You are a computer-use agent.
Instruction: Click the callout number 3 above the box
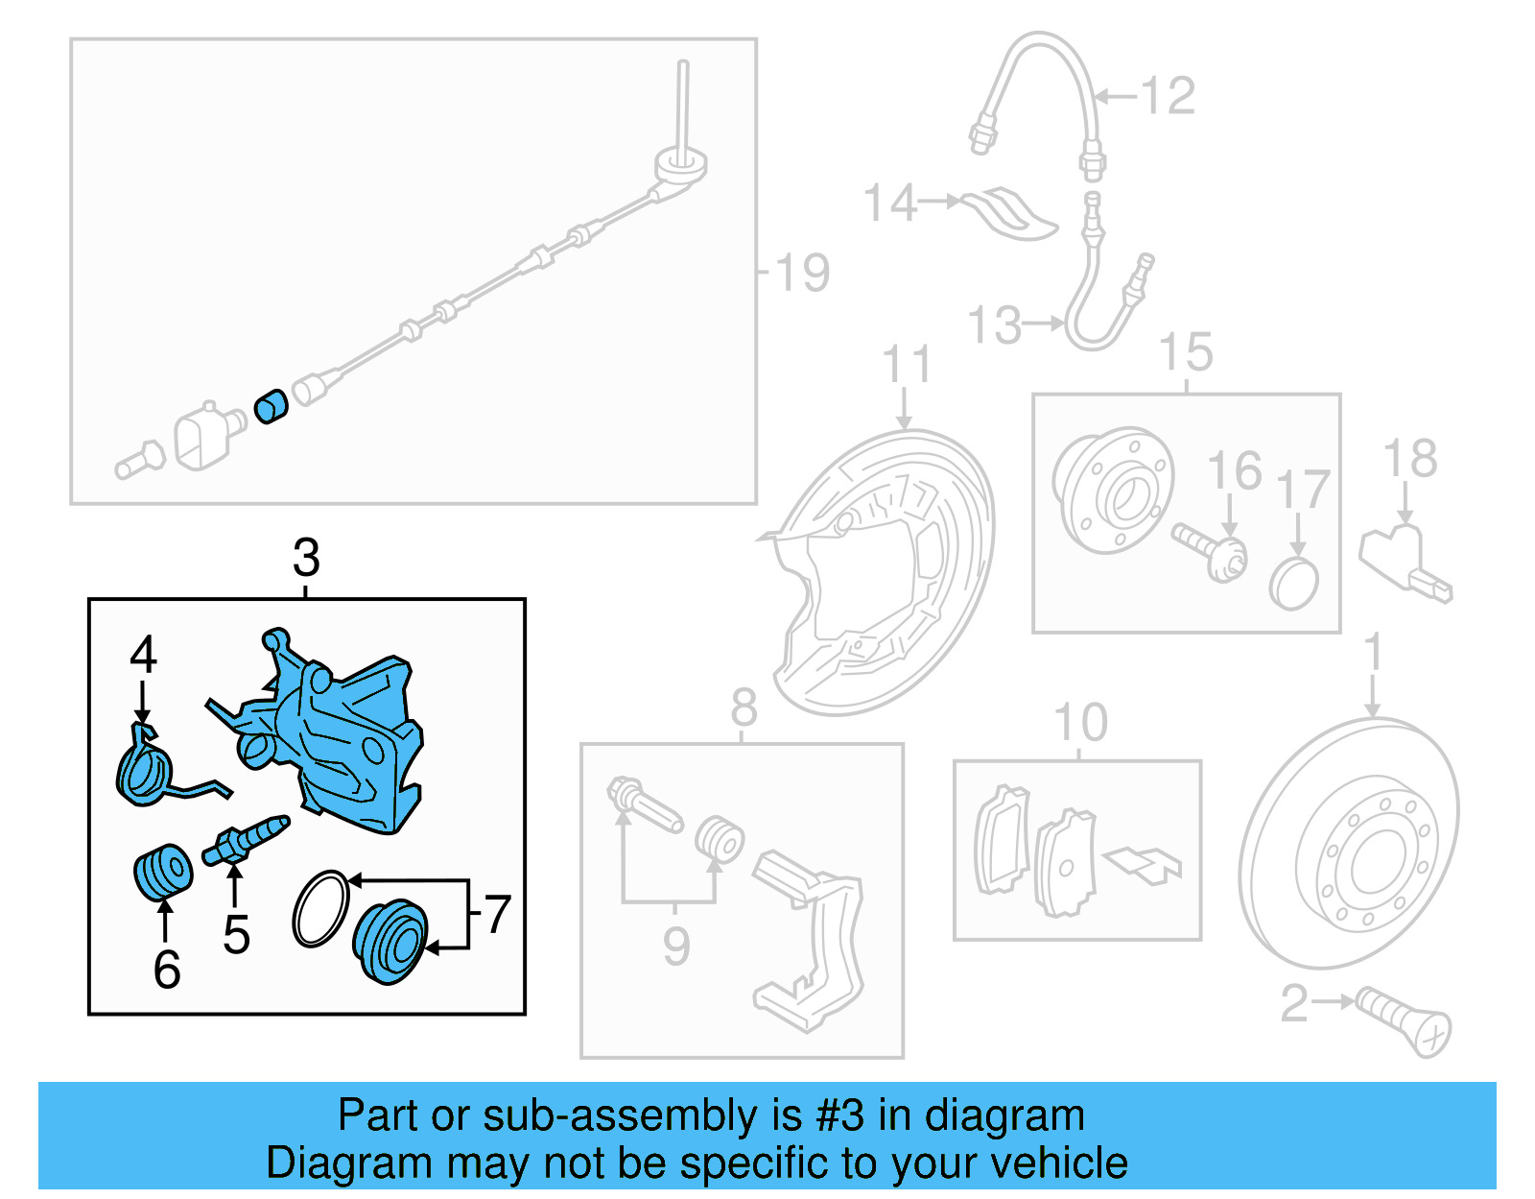tap(306, 558)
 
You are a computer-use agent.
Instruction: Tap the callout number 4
tap(143, 657)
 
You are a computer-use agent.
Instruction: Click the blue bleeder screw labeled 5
tap(246, 839)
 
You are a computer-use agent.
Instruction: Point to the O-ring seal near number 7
tap(320, 908)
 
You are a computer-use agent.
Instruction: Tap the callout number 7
tap(497, 915)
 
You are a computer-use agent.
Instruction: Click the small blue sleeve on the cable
tap(272, 407)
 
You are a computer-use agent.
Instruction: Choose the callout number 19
tap(802, 274)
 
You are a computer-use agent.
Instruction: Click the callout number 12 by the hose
tap(1169, 97)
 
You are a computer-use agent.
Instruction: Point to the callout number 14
tap(890, 204)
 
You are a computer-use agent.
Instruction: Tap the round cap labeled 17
tap(1294, 583)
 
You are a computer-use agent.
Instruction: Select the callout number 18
tap(1410, 459)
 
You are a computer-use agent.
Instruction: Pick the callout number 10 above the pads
tap(1080, 723)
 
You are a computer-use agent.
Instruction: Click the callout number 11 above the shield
tap(907, 365)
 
